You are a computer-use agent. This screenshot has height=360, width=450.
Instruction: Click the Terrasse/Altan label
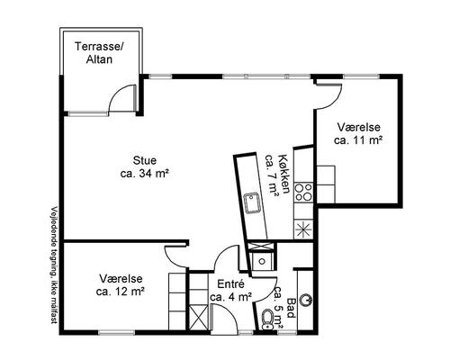[99, 53]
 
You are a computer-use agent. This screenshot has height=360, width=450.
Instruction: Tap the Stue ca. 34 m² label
[144, 166]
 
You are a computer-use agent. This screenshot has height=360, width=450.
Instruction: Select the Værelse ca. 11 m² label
[358, 133]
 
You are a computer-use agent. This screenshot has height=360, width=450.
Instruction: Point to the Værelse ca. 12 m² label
[121, 285]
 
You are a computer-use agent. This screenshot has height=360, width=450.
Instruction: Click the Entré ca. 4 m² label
[230, 291]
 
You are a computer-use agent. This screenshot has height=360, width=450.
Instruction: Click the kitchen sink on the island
[251, 202]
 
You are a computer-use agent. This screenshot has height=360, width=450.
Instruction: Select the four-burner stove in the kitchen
[303, 192]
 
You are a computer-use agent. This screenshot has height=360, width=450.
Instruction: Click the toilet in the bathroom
[266, 319]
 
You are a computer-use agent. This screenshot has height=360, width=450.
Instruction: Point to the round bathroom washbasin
[307, 299]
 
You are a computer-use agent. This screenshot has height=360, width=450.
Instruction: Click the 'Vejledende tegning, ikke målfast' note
[54, 265]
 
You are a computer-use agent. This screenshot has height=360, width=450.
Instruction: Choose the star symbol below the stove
[303, 229]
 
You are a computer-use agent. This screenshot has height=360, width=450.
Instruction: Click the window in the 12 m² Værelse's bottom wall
[116, 332]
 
